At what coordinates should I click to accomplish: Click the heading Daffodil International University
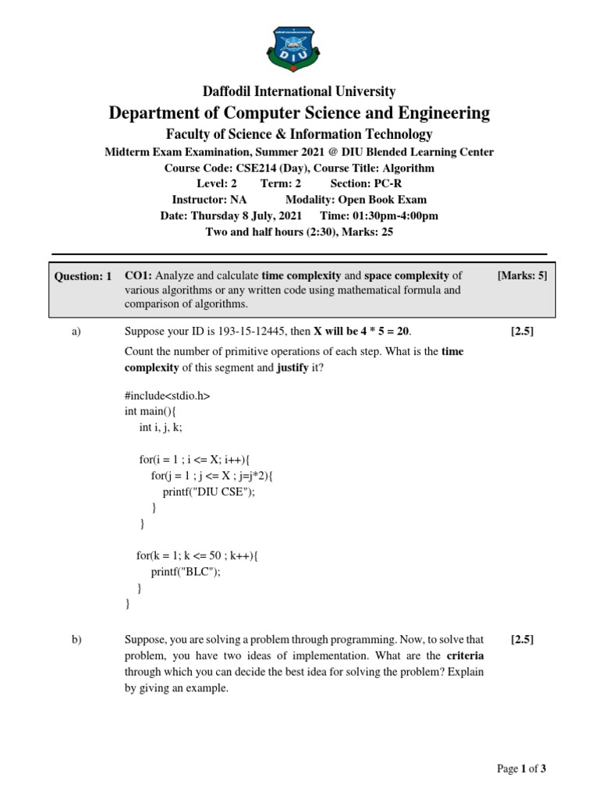pyautogui.click(x=299, y=91)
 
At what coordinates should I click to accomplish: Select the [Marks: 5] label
pyautogui.click(x=522, y=275)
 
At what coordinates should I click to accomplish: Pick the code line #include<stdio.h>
pyautogui.click(x=168, y=396)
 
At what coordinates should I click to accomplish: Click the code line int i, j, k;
pyautogui.click(x=161, y=427)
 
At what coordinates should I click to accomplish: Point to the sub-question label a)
pyautogui.click(x=76, y=332)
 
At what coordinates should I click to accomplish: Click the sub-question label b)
pyautogui.click(x=76, y=640)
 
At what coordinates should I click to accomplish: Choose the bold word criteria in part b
pyautogui.click(x=465, y=655)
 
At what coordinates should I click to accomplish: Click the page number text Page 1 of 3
pyautogui.click(x=522, y=769)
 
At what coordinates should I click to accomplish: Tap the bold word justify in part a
pyautogui.click(x=292, y=367)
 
